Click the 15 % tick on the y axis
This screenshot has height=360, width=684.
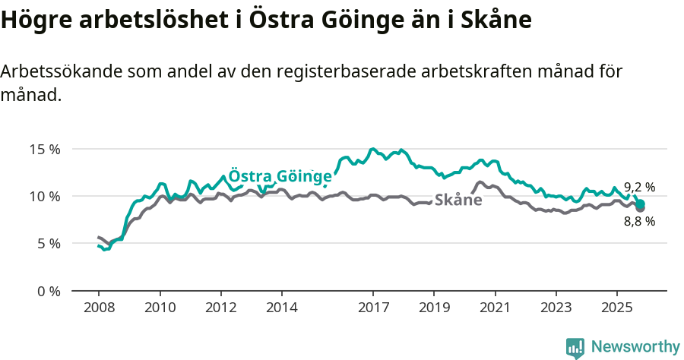[x=46, y=149]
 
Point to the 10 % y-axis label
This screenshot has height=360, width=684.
[x=46, y=196]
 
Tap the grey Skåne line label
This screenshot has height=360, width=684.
[x=458, y=201]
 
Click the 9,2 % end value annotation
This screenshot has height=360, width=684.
[x=639, y=187]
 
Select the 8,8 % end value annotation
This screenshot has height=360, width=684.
[x=639, y=222]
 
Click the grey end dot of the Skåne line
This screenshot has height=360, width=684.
[x=641, y=207]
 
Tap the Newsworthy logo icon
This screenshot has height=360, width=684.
[x=575, y=347]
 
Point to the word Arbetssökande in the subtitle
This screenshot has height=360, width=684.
[x=62, y=72]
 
